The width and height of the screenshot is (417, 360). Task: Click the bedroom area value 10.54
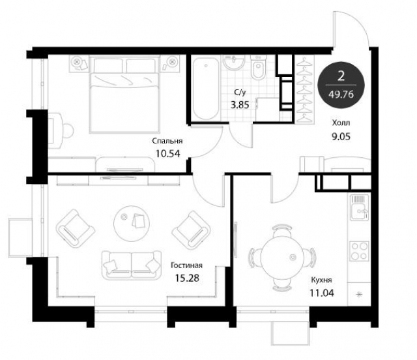point(168,154)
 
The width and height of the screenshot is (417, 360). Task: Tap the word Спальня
point(167,141)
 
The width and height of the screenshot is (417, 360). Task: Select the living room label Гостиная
point(187,265)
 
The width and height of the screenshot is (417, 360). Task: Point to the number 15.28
point(187,278)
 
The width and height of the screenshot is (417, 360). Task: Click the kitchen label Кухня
point(321,280)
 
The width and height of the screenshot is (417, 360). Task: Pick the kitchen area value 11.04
point(322,293)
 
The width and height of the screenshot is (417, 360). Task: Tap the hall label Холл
point(341,123)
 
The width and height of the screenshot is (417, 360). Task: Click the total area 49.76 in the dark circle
point(341,95)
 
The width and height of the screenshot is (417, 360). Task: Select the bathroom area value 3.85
point(240,105)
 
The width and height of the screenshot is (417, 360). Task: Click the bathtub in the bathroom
point(206,89)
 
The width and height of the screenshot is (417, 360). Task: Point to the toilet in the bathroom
point(258,67)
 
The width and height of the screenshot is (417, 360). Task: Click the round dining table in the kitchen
point(282,256)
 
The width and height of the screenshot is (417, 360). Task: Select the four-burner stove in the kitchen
point(360,251)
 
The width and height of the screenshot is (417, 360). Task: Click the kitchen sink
point(360,207)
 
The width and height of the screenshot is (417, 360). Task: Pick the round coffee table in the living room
point(132,224)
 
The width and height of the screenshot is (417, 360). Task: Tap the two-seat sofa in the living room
point(132,265)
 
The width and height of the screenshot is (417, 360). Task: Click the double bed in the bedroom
point(125,94)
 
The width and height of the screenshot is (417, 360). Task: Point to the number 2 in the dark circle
point(341,76)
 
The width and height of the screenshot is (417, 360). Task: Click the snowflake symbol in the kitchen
point(359,294)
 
